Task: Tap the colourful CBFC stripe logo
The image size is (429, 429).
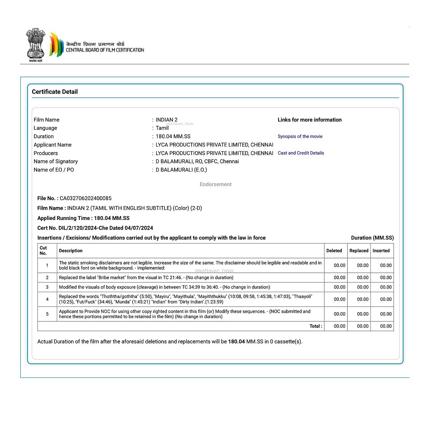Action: (56, 45)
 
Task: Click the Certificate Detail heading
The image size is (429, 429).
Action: (55, 92)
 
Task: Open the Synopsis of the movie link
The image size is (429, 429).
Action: (300, 136)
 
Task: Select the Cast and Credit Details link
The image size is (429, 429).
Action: (301, 153)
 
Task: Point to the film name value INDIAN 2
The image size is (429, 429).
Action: (167, 120)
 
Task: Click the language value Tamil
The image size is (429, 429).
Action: (162, 128)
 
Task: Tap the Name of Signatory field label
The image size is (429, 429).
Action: (56, 161)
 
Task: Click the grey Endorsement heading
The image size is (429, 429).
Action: (216, 184)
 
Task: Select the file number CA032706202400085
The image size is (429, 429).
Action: (85, 198)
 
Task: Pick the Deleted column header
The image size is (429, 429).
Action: (334, 251)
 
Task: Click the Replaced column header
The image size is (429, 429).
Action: (359, 251)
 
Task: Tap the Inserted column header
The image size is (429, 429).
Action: (381, 251)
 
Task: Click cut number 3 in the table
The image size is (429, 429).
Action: (47, 287)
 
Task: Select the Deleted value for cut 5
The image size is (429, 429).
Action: (340, 314)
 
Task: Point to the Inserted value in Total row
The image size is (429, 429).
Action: (386, 326)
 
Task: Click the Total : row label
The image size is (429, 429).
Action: (316, 326)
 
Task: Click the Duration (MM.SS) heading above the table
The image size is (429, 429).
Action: (372, 238)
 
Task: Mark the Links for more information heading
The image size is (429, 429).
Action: (310, 120)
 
